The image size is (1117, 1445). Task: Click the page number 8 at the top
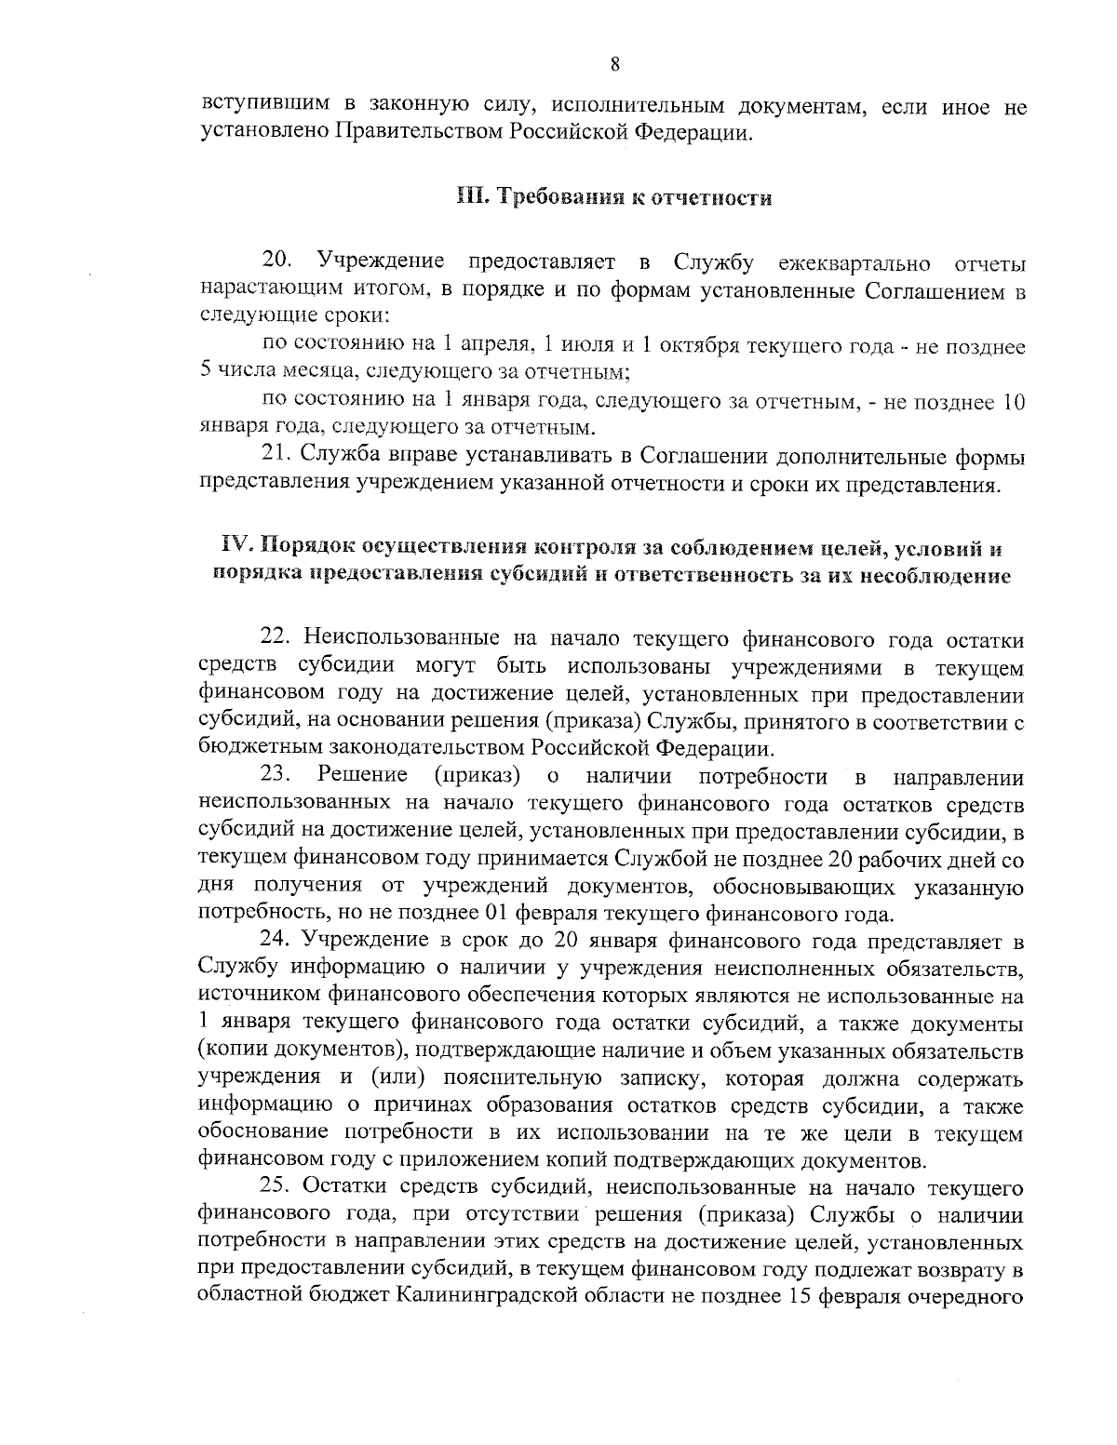click(615, 64)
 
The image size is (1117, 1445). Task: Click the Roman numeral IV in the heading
click(233, 544)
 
